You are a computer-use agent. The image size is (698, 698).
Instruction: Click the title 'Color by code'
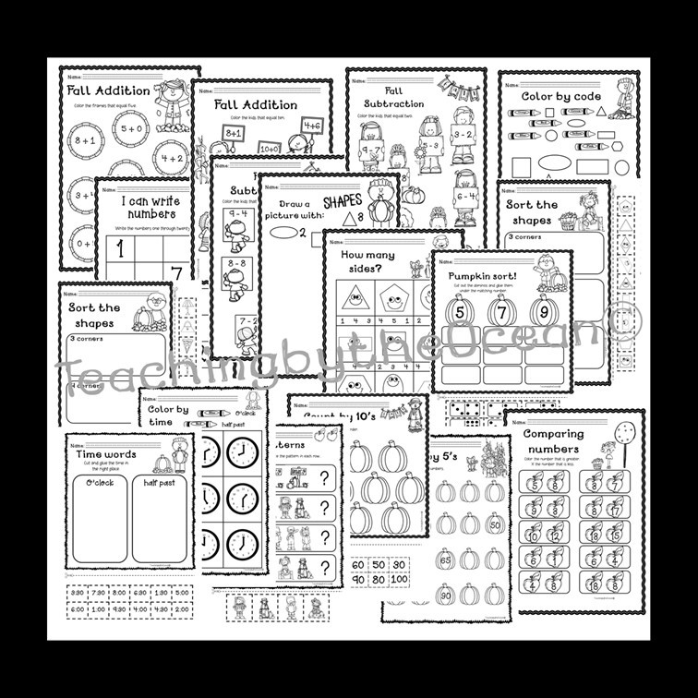[x=561, y=96]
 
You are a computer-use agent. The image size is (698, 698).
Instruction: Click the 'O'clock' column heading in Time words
[x=98, y=481]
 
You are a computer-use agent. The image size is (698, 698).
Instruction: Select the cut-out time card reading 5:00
[x=181, y=593]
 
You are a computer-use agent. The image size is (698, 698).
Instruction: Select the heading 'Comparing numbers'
[x=553, y=440]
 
